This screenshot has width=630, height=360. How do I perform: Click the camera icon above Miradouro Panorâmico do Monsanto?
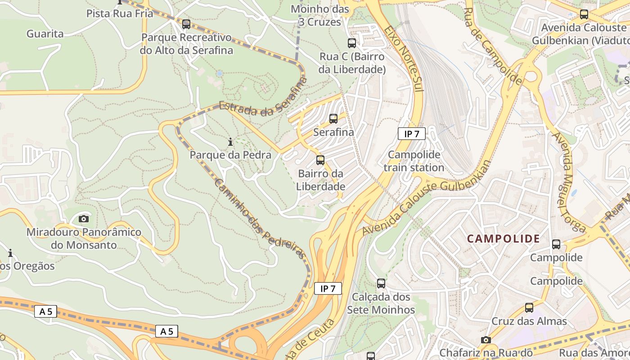click(84, 219)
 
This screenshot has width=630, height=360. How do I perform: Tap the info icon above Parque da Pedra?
click(230, 142)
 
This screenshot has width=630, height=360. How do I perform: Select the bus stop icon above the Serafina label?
click(333, 119)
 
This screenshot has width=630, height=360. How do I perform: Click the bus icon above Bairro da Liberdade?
click(320, 160)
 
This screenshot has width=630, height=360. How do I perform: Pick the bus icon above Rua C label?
click(352, 43)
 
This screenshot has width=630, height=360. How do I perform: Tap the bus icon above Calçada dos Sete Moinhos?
click(381, 283)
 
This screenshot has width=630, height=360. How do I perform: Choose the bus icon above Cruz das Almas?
click(529, 308)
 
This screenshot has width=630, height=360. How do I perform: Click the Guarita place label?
click(45, 34)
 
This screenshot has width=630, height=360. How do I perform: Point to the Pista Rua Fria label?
click(120, 13)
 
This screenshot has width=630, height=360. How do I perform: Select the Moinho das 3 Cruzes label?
click(320, 15)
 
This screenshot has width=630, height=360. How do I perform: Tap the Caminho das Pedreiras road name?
click(260, 219)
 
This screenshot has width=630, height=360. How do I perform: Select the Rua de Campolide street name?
click(493, 45)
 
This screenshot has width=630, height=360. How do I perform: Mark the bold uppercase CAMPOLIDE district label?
click(503, 239)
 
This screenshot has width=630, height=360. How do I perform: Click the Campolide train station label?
click(414, 161)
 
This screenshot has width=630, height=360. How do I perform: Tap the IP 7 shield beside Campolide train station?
click(411, 134)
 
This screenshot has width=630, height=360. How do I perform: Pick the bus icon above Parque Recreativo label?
click(186, 24)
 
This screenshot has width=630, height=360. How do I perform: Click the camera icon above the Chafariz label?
click(486, 340)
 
